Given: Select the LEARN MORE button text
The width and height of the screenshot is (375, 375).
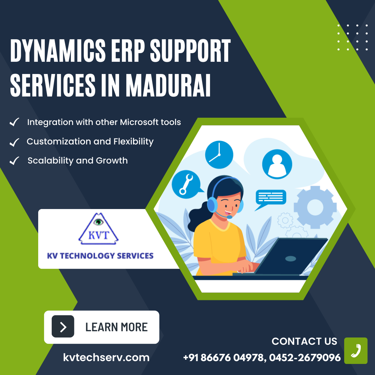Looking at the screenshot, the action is click(x=117, y=327).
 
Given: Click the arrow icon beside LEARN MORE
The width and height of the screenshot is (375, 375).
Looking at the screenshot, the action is click(x=63, y=327).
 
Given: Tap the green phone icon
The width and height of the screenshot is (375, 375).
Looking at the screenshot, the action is click(x=356, y=351).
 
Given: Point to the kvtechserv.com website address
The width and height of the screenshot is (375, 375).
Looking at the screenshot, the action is click(x=106, y=357).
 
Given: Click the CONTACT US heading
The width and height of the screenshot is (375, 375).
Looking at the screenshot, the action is click(x=304, y=341).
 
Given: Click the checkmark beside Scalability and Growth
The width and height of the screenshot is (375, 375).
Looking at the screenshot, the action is click(x=14, y=161).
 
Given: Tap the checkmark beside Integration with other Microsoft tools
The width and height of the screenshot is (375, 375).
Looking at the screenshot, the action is click(x=14, y=123).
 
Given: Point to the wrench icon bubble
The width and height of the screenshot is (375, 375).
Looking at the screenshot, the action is click(x=186, y=184).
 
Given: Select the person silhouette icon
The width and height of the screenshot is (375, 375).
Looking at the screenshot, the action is click(x=277, y=164).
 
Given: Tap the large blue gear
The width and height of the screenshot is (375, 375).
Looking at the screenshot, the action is click(x=315, y=207).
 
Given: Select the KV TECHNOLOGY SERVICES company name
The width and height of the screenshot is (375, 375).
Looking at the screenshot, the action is click(x=100, y=256).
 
